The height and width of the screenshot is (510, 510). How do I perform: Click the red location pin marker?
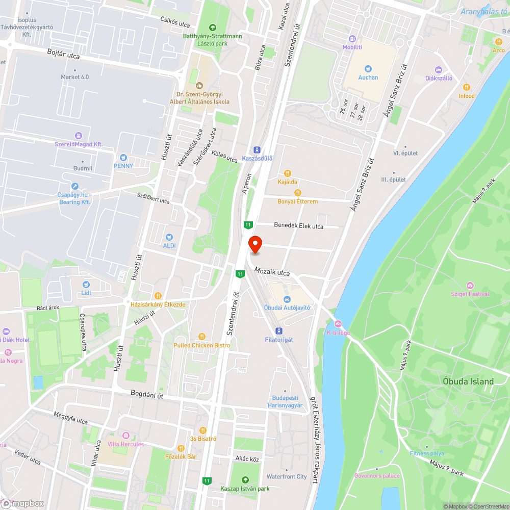coord(255,244)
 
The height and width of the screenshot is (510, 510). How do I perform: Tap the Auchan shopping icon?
coord(368,68)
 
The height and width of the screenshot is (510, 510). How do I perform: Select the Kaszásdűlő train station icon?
coord(257,149)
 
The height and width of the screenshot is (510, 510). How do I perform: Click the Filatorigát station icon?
coord(279,330)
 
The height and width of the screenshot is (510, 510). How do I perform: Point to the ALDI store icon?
coord(169,237)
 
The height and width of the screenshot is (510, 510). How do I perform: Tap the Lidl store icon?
coord(86,284)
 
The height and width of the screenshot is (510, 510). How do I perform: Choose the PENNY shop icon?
coord(123,157)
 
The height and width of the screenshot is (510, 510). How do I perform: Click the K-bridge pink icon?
coord(338,323)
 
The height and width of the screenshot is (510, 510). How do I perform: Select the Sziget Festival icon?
coord(470,285)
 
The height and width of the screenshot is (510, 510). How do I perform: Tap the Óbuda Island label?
coord(468,381)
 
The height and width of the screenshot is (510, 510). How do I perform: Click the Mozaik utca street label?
coord(272,273)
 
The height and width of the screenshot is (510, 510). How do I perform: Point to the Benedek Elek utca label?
coord(299,225)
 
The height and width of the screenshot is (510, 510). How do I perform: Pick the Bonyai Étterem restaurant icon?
coord(298,193)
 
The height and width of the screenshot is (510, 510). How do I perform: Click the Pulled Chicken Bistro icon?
coord(202,337)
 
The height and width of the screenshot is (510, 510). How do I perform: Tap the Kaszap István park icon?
coord(245,479)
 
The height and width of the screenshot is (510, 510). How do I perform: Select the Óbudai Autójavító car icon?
coord(287,299)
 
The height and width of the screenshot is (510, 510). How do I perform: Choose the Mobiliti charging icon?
coord(352,39)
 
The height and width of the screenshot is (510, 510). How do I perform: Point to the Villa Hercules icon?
coord(126,436)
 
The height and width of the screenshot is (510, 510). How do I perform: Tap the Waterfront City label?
coord(287,476)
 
